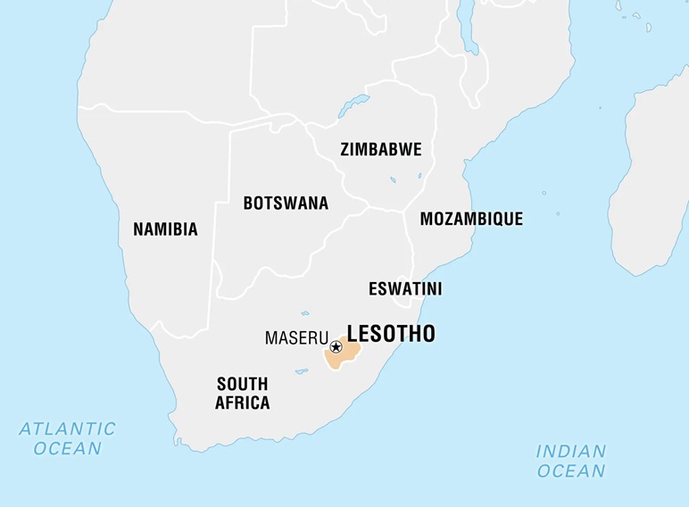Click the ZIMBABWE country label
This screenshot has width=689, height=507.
(x=380, y=150)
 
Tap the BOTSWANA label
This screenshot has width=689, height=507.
(x=286, y=204)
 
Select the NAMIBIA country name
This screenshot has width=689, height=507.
(x=165, y=229)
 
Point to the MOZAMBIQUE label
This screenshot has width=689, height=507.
(x=471, y=219)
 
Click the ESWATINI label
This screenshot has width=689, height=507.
(x=405, y=289)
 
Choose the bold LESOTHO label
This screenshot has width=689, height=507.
(x=391, y=334)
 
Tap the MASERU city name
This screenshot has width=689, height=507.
(x=295, y=339)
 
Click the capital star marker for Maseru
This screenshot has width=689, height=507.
(x=336, y=347)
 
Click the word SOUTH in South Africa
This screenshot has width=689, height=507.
(x=242, y=384)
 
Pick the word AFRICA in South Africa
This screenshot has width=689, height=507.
(x=242, y=403)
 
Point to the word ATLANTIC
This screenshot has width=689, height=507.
(x=68, y=428)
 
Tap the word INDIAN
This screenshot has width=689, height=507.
(x=571, y=451)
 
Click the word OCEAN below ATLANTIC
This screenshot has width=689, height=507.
(x=68, y=448)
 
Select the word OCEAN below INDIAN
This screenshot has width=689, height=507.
(x=571, y=470)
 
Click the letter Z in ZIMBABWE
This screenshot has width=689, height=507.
(x=345, y=150)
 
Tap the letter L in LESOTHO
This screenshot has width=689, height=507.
(x=353, y=334)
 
